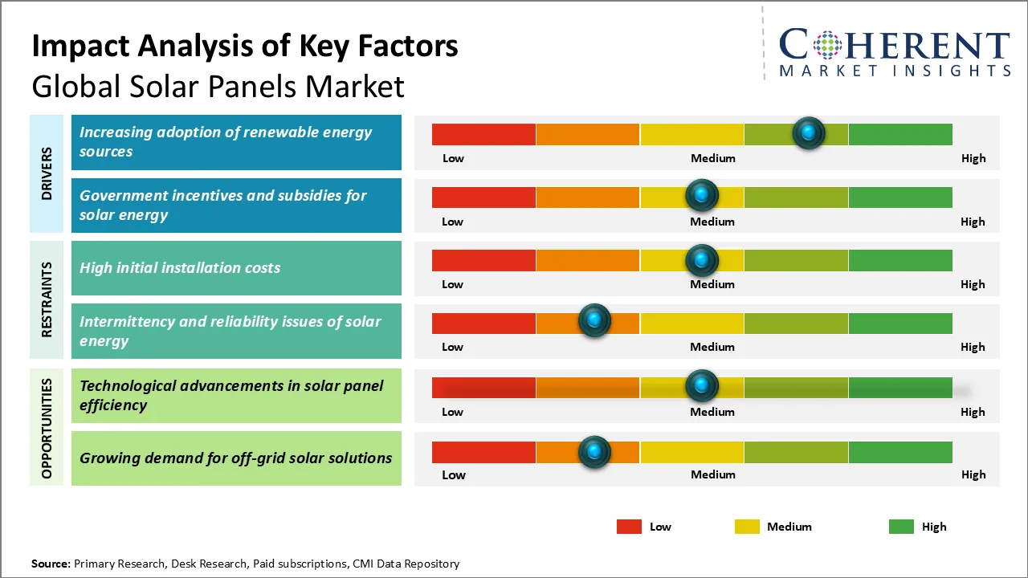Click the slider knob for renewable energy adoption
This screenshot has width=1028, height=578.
click(809, 132)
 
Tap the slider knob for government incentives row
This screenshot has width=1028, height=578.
click(702, 196)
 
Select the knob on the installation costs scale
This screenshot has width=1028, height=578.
click(702, 260)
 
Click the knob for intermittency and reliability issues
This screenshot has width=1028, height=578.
click(594, 321)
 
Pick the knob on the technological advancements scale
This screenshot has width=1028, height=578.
click(702, 386)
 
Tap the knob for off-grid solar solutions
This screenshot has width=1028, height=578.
click(594, 452)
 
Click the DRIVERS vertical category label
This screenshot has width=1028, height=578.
click(47, 173)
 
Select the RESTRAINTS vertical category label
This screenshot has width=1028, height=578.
click(47, 299)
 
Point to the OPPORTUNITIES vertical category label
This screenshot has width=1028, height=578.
click(47, 428)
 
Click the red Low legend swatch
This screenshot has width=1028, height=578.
click(629, 527)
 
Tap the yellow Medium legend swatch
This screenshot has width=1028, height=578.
click(747, 527)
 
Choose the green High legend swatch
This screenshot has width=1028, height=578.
click(901, 527)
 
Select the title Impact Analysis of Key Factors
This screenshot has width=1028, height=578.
click(245, 46)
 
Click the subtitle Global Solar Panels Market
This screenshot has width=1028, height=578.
click(218, 86)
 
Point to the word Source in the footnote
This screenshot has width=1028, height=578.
click(51, 564)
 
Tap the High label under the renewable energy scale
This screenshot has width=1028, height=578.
click(973, 158)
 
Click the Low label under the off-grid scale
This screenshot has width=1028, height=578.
click(453, 474)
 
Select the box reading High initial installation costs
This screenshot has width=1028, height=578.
click(236, 268)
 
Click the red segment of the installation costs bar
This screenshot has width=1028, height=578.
click(483, 260)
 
